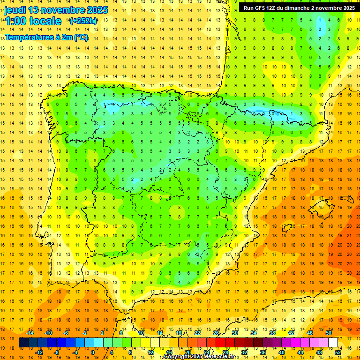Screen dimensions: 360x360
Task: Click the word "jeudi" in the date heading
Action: tap(14, 10)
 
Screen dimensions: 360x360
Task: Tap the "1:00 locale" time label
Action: tap(33, 21)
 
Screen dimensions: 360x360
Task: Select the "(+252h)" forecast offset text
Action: tap(83, 21)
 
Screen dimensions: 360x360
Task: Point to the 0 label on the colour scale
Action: tap(93, 352)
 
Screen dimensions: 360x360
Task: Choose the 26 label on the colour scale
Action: tap(216, 333)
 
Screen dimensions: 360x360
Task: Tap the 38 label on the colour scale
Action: tap(272, 333)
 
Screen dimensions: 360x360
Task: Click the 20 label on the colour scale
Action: tap(187, 352)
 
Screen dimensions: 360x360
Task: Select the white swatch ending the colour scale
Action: tap(333, 343)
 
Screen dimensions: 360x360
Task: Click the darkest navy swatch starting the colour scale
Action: tap(23, 343)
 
